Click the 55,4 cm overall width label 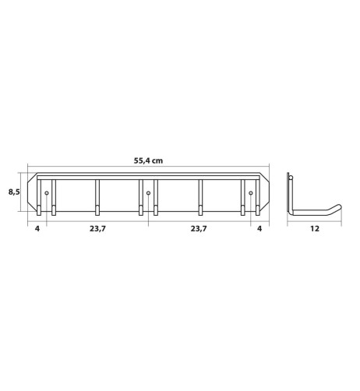tap(148, 160)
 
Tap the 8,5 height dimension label tap(14, 192)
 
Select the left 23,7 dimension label tap(97, 229)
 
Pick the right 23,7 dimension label tap(199, 229)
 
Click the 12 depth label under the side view tap(315, 229)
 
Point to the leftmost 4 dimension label tap(37, 229)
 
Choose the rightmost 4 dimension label tap(259, 229)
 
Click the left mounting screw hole tap(47, 193)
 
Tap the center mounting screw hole tap(148, 193)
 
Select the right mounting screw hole tap(251, 193)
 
